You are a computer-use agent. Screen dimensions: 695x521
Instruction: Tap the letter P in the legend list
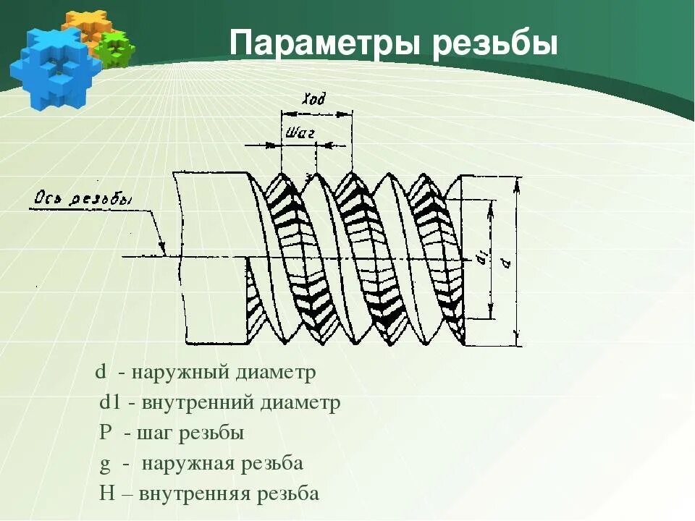pyautogui.click(x=106, y=433)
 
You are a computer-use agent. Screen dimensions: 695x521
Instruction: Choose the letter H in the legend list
pyautogui.click(x=106, y=494)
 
